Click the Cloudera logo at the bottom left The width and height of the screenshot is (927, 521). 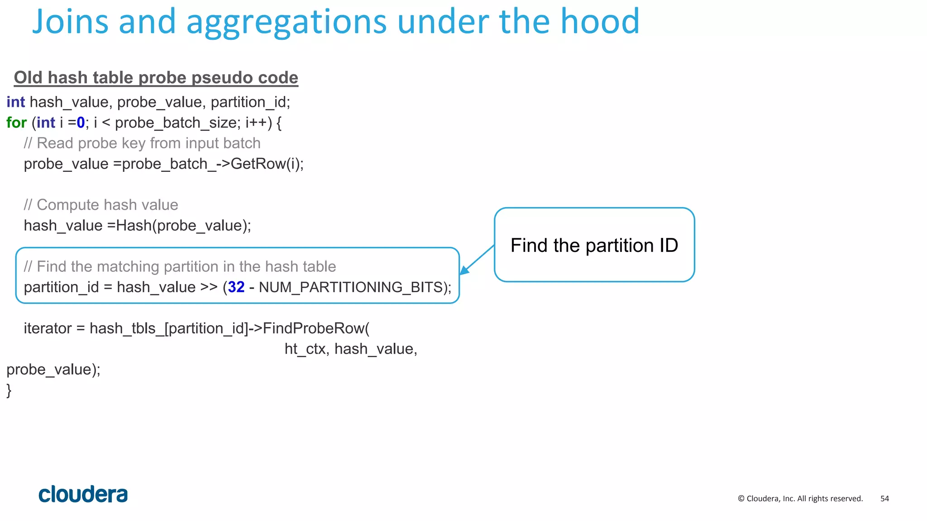[x=83, y=494]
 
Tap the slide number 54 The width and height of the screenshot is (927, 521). [x=884, y=498]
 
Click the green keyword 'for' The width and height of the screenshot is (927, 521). [x=16, y=123]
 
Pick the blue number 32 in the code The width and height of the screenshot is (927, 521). [x=236, y=287]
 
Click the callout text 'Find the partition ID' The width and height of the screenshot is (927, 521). [x=594, y=246]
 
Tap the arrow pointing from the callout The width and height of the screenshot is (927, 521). [x=477, y=260]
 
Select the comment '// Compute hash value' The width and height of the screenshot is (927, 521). [x=101, y=205]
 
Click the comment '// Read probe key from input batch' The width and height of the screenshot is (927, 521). [x=142, y=143]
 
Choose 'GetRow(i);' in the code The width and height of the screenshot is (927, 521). [x=267, y=164]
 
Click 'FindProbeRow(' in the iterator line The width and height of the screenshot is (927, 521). [x=316, y=328]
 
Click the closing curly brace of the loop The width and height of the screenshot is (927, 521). [x=9, y=390]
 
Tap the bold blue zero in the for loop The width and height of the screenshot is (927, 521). [x=81, y=123]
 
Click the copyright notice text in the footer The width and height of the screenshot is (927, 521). [x=800, y=498]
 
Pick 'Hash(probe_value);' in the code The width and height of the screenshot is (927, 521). [x=183, y=226]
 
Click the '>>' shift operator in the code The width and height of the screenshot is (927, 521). [x=209, y=287]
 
